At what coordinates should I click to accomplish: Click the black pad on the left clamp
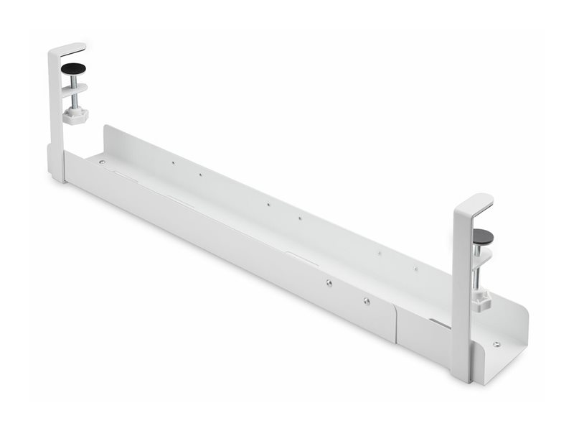(x=72, y=68)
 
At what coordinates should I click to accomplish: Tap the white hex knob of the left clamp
(x=74, y=115)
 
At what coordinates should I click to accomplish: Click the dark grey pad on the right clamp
(x=484, y=236)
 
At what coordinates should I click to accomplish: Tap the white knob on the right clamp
(x=481, y=300)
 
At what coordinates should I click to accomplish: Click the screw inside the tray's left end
(x=102, y=162)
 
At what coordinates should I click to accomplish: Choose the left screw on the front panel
(x=328, y=284)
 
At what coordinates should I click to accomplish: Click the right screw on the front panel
(x=365, y=302)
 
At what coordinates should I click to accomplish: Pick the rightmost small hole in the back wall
(x=415, y=270)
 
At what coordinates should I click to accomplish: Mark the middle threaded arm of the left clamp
(x=73, y=90)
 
